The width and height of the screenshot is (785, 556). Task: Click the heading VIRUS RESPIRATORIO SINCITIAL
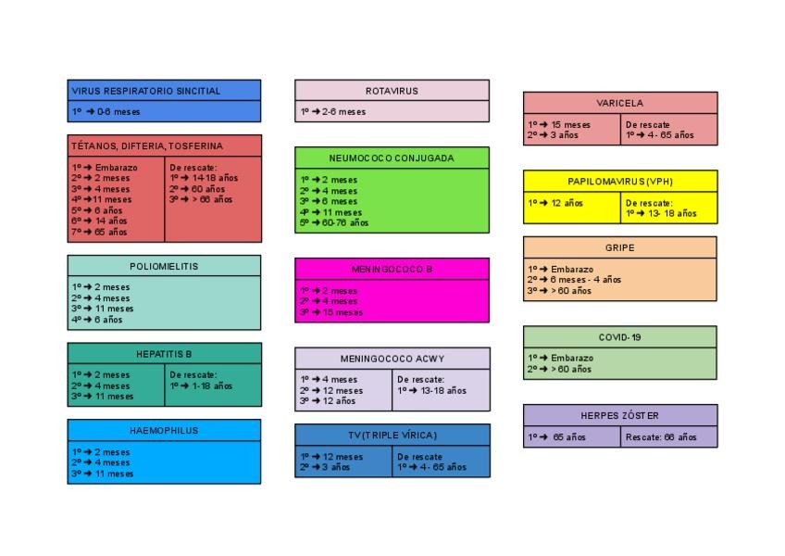[x=146, y=91]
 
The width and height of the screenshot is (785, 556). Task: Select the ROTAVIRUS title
[x=392, y=91]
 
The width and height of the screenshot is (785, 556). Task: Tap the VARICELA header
[x=619, y=103]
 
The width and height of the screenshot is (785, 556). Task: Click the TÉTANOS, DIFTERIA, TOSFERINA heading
[x=147, y=146]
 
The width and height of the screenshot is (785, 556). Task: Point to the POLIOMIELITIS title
[x=164, y=266]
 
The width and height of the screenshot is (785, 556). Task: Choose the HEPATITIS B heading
[x=164, y=354]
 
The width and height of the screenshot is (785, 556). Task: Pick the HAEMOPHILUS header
[x=164, y=431]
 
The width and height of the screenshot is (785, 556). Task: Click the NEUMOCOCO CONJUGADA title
[x=392, y=158]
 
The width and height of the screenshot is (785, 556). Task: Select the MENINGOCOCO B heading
[x=392, y=269]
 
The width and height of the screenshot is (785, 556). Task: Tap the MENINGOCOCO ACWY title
[x=392, y=359]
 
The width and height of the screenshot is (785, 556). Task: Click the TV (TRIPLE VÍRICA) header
[x=392, y=435]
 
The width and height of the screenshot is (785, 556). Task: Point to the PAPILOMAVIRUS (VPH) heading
[x=619, y=181]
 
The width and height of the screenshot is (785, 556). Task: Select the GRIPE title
[x=619, y=248]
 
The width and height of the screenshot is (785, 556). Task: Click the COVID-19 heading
[x=619, y=337]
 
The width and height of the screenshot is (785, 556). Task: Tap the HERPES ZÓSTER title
[x=619, y=415]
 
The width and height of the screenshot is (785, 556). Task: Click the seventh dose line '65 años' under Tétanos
[x=100, y=232]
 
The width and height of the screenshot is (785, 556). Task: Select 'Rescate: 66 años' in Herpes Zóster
[x=661, y=437]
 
